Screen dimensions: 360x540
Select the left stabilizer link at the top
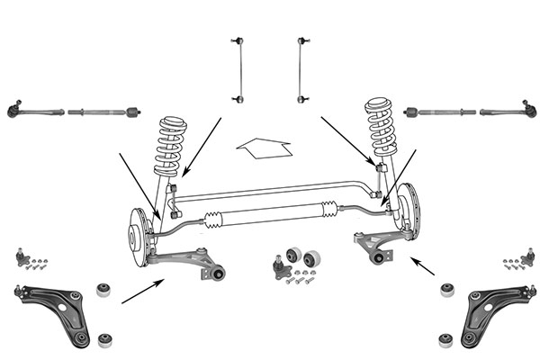point(238,69)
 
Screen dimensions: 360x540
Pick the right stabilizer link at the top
point(301,69)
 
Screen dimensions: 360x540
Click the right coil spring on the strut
point(382,129)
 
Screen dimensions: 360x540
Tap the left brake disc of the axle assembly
point(138,236)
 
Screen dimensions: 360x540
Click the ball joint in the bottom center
point(280,266)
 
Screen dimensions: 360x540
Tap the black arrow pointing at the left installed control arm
point(142,290)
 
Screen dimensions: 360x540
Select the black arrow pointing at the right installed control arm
point(422,265)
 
